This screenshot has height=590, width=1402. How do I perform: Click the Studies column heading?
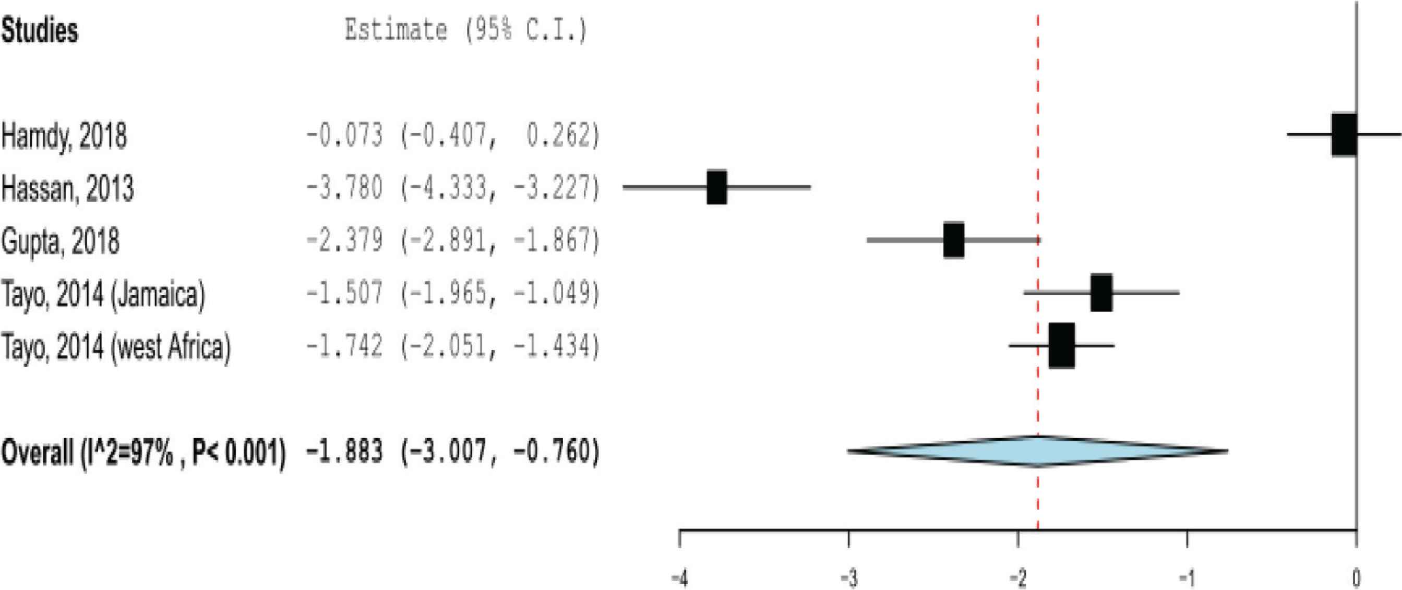40,30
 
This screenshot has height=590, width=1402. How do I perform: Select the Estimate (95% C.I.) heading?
466,30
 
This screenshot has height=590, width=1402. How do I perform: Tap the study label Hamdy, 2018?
64,136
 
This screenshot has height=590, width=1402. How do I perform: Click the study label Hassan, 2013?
67,188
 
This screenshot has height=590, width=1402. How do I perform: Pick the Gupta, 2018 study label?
61,241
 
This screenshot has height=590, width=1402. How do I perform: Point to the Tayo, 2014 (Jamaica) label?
103,294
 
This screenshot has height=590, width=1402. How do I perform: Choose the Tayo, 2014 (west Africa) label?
116,347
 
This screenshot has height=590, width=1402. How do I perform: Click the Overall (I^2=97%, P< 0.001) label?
143,452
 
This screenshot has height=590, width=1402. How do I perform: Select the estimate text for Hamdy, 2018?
453,136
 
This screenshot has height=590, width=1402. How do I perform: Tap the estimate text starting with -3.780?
453,188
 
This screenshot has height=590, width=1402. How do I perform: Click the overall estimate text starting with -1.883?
453,452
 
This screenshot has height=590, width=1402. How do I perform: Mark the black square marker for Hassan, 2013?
717,187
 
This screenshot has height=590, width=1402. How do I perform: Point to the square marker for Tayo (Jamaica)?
1101,293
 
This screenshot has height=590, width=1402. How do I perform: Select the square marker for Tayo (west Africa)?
1062,346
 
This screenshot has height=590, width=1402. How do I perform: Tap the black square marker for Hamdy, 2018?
1344,135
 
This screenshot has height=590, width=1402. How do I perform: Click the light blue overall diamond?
1038,452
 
